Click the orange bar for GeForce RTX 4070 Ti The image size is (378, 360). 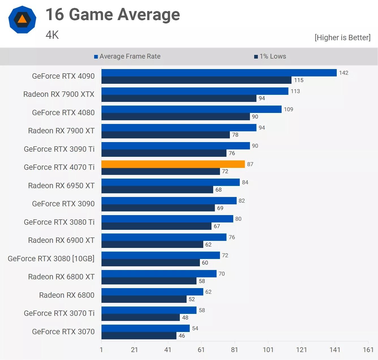pos(173,164)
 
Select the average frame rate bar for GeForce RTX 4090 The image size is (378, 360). pos(219,73)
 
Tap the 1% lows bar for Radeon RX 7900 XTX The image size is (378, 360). pos(179,98)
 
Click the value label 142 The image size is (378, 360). pos(344,73)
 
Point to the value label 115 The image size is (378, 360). pos(299,80)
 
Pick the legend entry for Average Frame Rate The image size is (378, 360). pos(127,56)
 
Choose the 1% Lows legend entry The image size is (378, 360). pos(270,56)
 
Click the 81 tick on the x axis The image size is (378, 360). pos(234,350)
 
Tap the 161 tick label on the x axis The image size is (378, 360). pos(368,350)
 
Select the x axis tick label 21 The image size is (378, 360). pos(134,350)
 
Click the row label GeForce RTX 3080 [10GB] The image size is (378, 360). pos(51,258)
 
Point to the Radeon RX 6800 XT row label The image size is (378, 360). pos(61,277)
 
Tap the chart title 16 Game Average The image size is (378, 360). pos(113,14)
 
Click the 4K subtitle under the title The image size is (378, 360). pos(52,35)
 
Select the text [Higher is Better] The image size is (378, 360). pos(342,38)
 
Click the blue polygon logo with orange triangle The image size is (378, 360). pos(22,20)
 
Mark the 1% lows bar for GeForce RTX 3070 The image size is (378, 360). pos(139,336)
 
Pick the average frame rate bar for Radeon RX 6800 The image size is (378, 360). pos(152,292)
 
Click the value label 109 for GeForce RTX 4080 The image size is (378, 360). pos(288,109)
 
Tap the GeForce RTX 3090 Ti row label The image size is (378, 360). pos(59,149)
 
